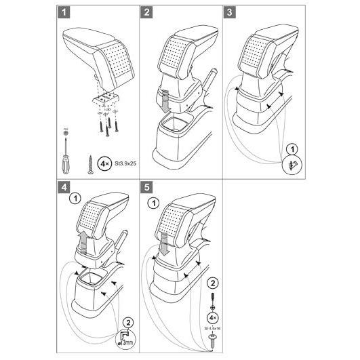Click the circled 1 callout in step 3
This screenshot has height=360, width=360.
pos(292,149)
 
